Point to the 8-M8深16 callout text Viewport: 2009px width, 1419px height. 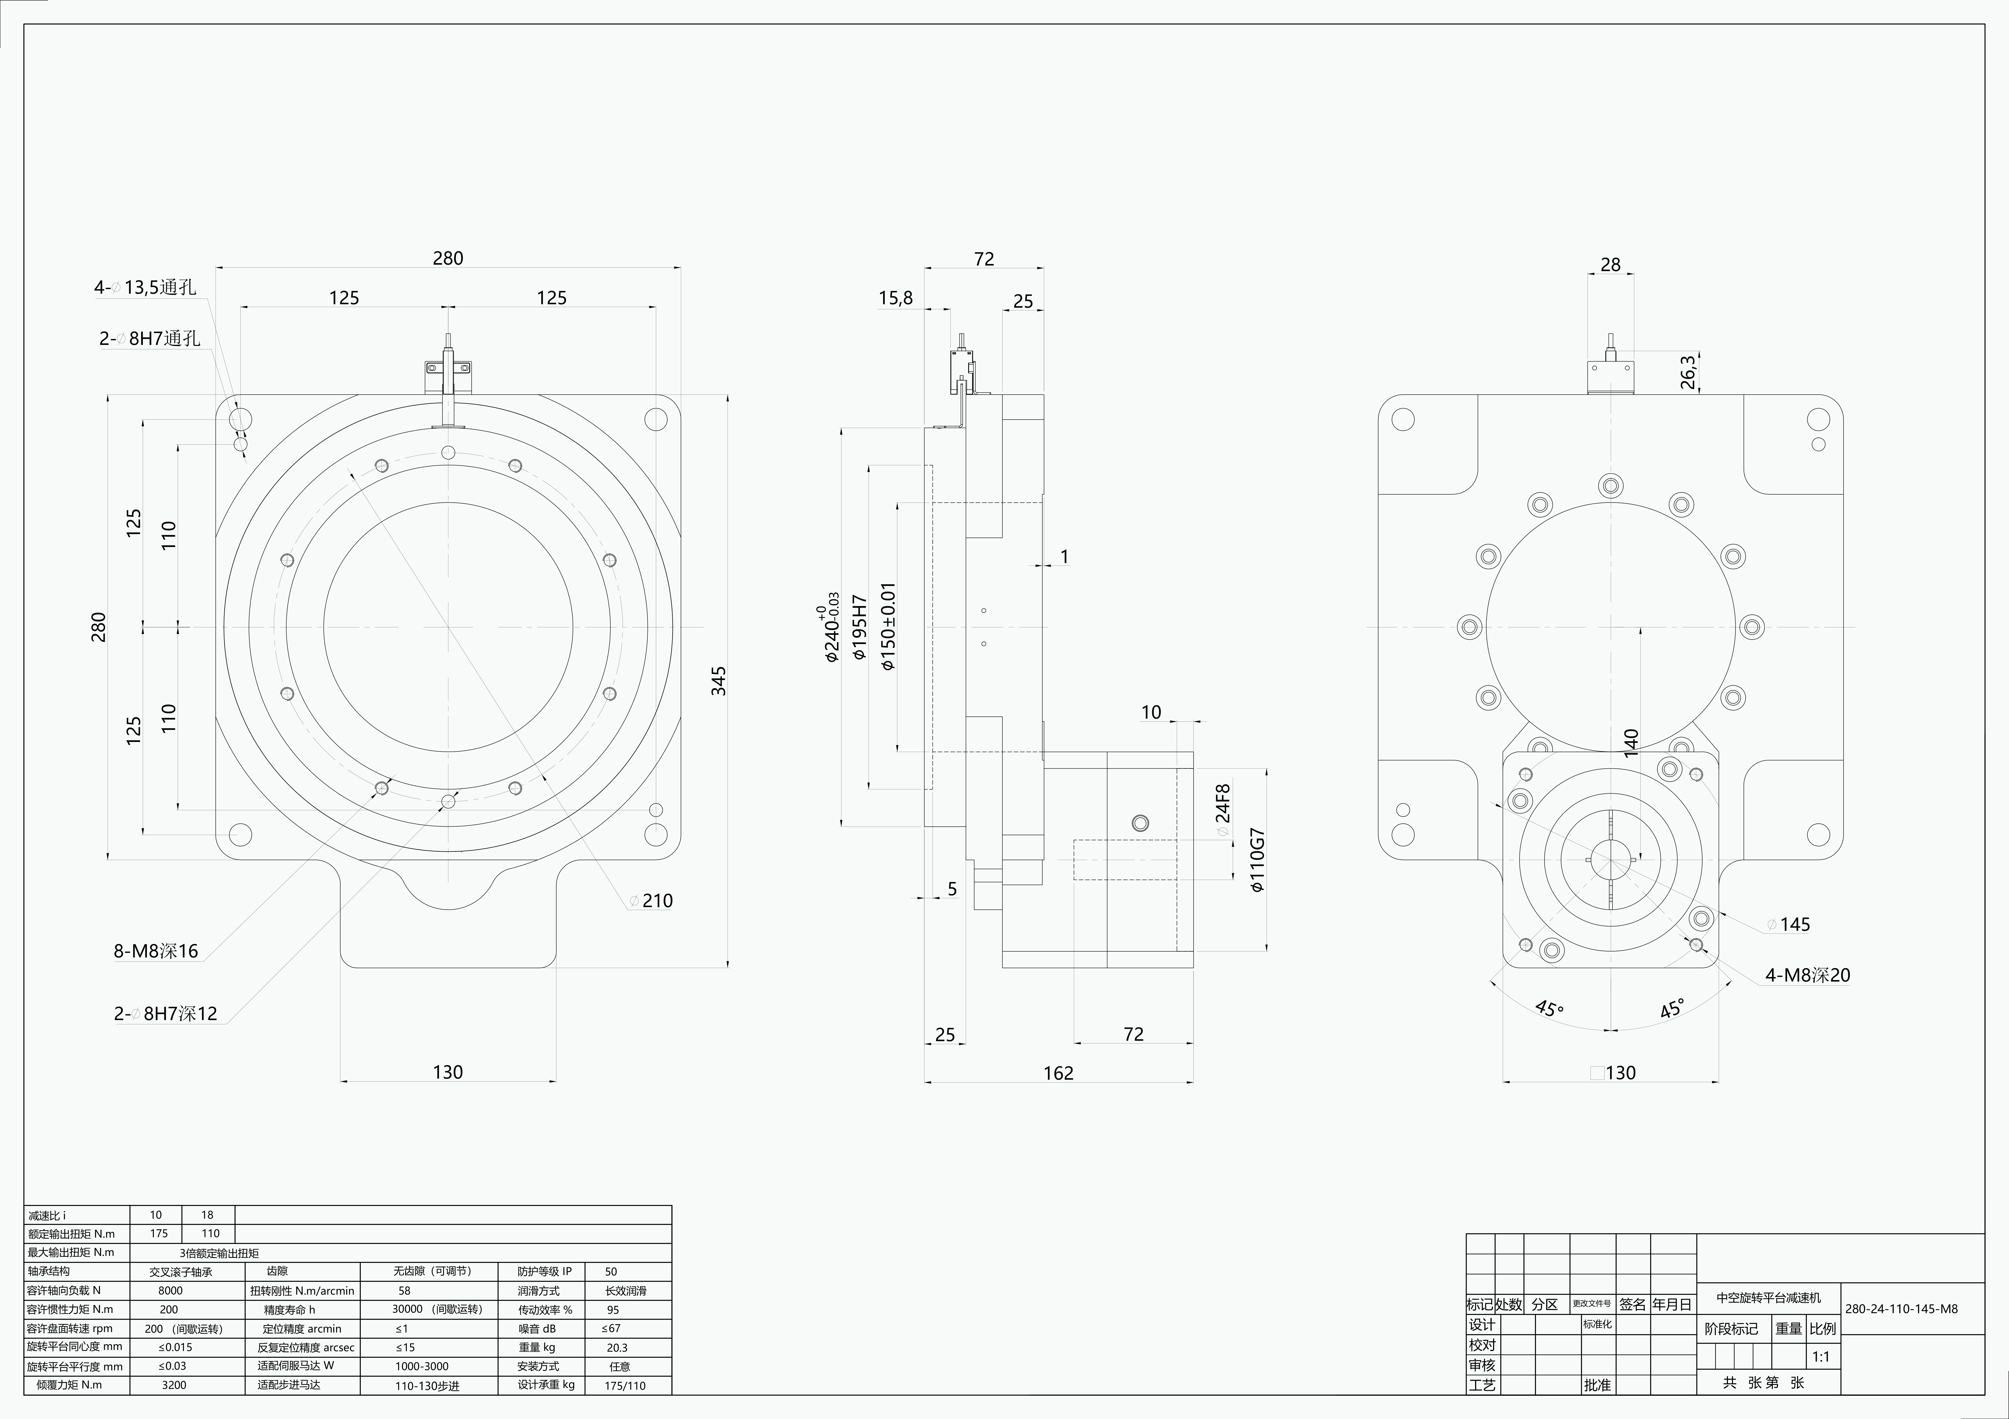(156, 951)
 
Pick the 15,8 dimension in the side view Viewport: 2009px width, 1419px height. (895, 298)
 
